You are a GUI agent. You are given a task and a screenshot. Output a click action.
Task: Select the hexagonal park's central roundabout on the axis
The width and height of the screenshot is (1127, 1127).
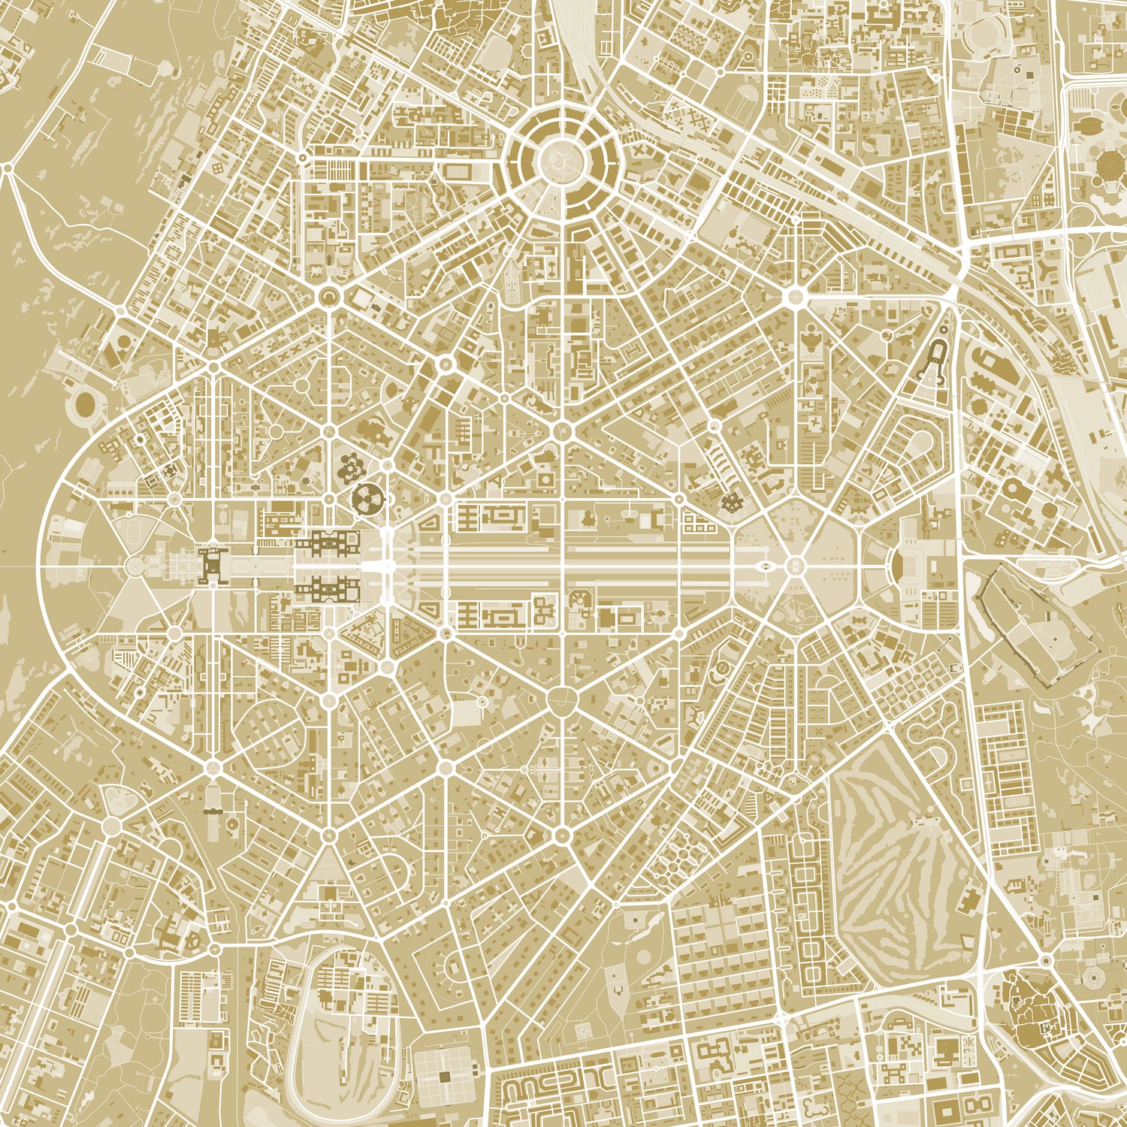[x=795, y=565]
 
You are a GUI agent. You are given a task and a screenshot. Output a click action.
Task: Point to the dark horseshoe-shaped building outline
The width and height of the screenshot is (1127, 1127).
[x=939, y=361]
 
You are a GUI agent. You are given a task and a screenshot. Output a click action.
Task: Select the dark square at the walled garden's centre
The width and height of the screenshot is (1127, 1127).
[x=446, y=1077]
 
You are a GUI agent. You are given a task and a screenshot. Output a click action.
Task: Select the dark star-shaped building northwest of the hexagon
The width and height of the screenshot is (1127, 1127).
[x=729, y=501]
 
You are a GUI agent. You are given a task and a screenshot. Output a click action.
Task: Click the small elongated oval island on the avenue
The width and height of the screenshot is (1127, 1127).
[x=763, y=565]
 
